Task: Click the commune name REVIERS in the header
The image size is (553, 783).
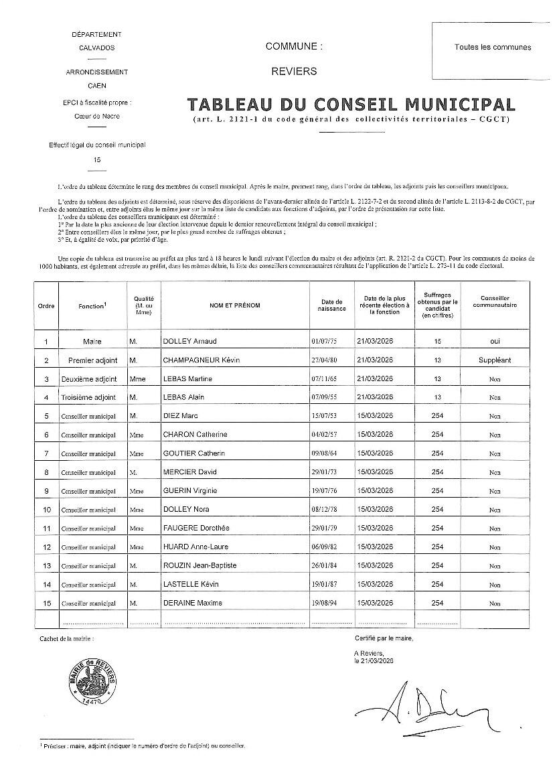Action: click(x=294, y=71)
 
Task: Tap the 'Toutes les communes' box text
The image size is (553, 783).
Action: click(x=492, y=47)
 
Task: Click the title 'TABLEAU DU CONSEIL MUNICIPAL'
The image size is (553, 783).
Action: click(x=351, y=104)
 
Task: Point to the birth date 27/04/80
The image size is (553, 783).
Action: click(x=325, y=360)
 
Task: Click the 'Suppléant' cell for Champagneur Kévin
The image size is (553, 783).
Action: click(x=495, y=360)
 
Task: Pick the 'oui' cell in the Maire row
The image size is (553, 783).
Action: click(x=495, y=342)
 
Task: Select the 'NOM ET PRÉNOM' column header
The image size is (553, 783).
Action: click(x=234, y=305)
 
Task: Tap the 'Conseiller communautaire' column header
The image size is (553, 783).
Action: click(x=495, y=302)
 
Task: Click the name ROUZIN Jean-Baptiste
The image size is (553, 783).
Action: click(x=200, y=566)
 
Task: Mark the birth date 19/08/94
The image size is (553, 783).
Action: click(x=325, y=603)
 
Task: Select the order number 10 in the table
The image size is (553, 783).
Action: click(x=46, y=510)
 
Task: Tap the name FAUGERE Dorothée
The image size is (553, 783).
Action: click(x=194, y=528)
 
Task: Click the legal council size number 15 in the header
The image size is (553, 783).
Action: click(x=97, y=160)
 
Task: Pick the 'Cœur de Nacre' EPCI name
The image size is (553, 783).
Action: click(x=97, y=116)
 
